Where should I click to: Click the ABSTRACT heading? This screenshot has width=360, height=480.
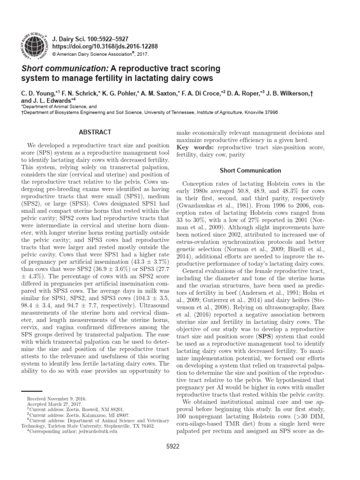coord(95,133)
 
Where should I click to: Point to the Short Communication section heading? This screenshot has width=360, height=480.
coord(251,171)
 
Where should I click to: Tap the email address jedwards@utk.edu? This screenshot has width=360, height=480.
coord(97,431)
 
